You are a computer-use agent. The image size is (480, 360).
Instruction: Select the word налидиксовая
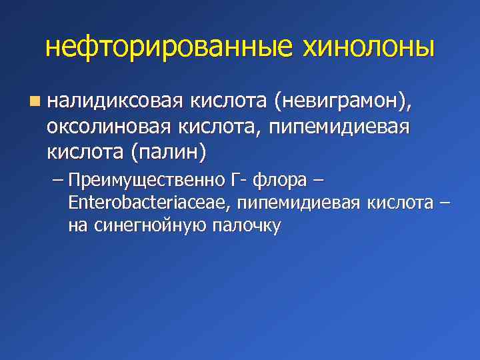(x=114, y=102)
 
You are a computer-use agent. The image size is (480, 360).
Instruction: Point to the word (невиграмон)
(x=342, y=102)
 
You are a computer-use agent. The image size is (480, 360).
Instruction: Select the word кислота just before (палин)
(x=85, y=152)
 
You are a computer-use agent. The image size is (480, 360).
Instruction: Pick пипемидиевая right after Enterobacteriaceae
(x=297, y=203)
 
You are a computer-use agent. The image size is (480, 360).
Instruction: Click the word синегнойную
(x=147, y=225)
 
